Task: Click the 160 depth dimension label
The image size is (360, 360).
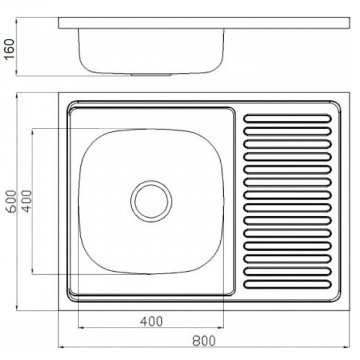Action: coord(10,50)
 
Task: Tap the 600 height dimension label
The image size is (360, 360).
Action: coord(11,202)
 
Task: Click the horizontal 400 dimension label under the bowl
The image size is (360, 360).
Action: coord(152,322)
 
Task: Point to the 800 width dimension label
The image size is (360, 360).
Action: coord(204,341)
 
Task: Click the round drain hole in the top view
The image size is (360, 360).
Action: coord(151,202)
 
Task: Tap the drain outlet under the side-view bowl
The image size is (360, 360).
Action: coord(151,74)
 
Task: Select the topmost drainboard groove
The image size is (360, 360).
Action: coord(287,118)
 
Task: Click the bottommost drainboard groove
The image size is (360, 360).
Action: coord(287,284)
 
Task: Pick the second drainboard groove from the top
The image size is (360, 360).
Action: coord(287,131)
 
